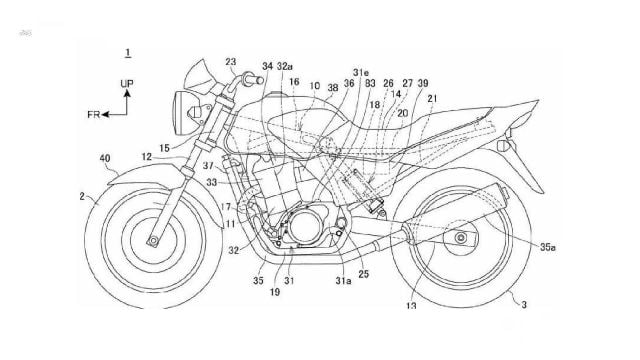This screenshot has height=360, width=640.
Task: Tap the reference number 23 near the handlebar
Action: click(x=232, y=61)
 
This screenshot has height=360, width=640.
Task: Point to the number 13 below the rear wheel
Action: click(x=410, y=306)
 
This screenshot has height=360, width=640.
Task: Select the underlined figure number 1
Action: click(x=124, y=50)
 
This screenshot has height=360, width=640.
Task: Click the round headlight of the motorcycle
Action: click(x=188, y=107)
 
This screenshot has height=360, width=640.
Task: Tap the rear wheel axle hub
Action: click(x=463, y=240)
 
